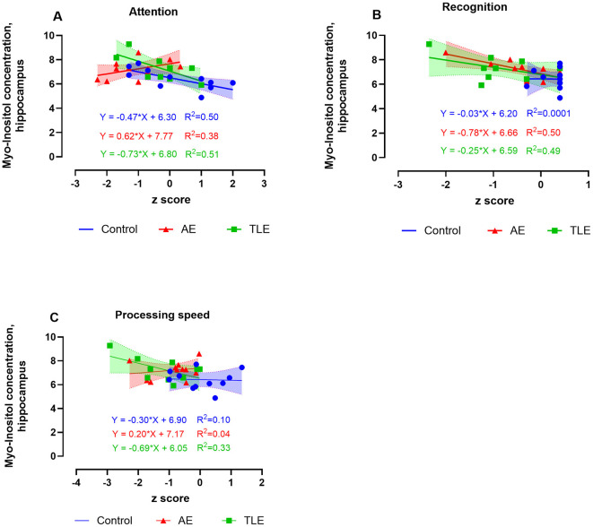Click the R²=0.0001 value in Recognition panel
coord(543,113)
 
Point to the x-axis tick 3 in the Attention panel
coord(264,185)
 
